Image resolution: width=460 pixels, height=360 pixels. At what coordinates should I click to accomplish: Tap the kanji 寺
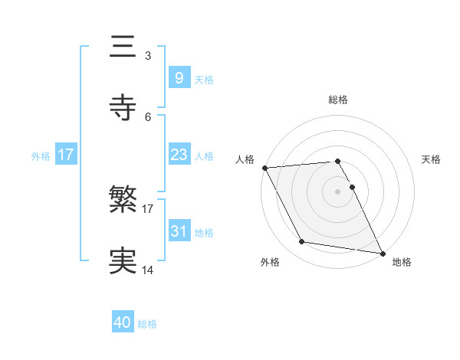click(x=123, y=107)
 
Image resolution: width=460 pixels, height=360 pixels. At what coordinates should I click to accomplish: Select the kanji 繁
click(x=123, y=201)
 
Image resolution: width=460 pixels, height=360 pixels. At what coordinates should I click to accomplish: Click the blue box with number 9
click(x=179, y=78)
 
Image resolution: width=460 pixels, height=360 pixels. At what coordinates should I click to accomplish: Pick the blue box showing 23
click(x=179, y=155)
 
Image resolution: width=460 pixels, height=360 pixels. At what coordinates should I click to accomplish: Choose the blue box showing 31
click(x=179, y=231)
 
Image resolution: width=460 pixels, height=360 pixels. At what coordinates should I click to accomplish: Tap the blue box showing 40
click(x=123, y=323)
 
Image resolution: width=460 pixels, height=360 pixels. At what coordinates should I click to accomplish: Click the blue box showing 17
click(x=66, y=155)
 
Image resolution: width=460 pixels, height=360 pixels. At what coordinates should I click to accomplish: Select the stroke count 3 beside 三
click(x=148, y=56)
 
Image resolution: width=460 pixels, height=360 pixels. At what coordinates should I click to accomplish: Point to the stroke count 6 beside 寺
click(x=148, y=116)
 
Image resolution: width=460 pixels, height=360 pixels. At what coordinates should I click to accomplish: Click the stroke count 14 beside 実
click(x=148, y=270)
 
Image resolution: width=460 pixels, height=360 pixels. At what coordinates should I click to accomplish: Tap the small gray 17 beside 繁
click(x=148, y=208)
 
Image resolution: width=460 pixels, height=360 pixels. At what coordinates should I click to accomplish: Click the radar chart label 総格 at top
click(x=338, y=100)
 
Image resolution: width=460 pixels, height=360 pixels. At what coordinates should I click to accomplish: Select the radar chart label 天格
click(x=432, y=159)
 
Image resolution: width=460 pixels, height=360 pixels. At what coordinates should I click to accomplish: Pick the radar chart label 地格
click(x=402, y=262)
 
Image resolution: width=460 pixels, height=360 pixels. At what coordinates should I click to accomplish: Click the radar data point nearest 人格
click(x=264, y=168)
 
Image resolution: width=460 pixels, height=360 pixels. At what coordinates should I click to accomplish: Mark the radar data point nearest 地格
click(x=382, y=252)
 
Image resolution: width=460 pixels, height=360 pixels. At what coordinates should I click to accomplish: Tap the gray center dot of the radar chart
click(x=338, y=191)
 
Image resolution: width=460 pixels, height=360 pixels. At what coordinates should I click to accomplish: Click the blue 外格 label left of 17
click(x=41, y=155)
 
